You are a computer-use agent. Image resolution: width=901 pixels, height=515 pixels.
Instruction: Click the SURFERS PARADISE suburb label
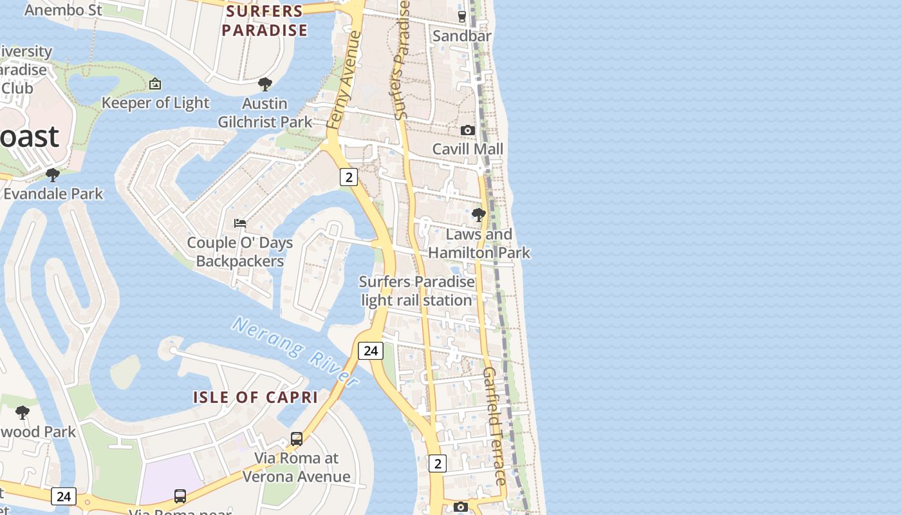click(265, 21)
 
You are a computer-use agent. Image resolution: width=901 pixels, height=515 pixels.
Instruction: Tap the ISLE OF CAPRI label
click(255, 397)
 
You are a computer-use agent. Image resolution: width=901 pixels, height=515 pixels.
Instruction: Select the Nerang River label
click(295, 351)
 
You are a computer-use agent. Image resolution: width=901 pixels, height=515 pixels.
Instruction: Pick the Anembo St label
click(63, 10)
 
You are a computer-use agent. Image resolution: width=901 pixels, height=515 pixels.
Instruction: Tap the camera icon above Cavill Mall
click(468, 130)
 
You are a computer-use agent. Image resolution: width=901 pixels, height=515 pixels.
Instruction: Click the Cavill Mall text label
click(468, 149)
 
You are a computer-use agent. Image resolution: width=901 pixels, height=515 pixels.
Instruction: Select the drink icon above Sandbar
click(461, 17)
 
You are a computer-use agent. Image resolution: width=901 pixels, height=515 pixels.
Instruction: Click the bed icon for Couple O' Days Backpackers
click(240, 223)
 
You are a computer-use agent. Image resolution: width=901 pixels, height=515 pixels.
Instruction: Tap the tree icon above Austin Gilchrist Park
click(265, 84)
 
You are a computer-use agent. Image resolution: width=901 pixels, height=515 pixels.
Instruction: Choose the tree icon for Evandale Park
click(53, 174)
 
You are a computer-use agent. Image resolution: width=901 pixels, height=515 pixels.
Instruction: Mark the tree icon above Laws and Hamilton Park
click(478, 215)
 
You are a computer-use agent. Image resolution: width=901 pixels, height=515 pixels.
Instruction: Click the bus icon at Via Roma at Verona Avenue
click(297, 439)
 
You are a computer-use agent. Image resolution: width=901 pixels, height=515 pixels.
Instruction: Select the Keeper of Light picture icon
click(155, 84)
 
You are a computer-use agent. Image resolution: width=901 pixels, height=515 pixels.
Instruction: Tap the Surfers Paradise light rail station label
click(416, 291)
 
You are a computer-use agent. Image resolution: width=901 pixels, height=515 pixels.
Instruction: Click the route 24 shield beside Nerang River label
click(370, 350)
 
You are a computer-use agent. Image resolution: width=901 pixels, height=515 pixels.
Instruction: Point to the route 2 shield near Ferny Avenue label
click(348, 177)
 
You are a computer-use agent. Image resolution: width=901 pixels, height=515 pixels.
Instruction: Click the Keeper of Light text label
click(155, 103)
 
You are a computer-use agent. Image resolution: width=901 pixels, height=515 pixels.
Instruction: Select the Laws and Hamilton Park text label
click(479, 243)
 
